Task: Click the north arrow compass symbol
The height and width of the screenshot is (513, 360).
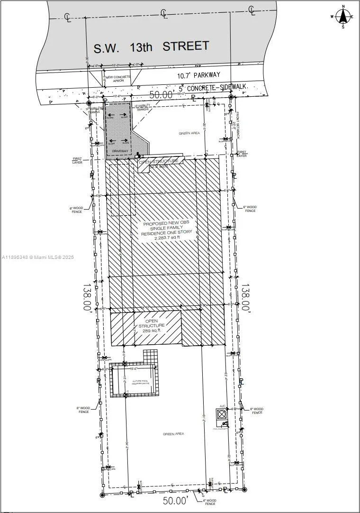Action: pos(343,17)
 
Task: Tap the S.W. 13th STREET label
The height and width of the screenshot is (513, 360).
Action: pos(151,47)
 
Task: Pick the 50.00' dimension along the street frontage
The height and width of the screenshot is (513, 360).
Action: pos(161,95)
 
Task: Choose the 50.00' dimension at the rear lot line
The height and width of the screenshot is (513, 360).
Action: pos(176,500)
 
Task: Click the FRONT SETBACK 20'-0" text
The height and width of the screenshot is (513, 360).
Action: pos(235,123)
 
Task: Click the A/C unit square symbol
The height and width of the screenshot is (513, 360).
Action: pos(222,414)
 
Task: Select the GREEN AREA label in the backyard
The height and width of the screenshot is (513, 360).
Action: pos(173,434)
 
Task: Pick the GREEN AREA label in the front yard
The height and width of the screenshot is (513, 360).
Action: pos(189,133)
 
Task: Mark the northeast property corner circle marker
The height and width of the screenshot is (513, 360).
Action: pos(231,97)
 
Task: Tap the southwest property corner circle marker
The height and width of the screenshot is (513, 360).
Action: pos(102,495)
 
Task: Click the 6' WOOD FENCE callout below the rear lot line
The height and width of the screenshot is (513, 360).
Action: pos(210,502)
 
